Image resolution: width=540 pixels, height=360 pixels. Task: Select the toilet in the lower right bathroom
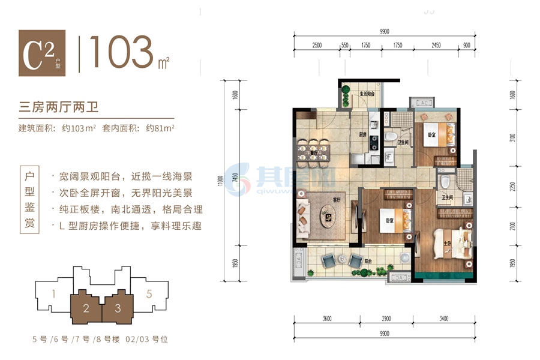[445, 182]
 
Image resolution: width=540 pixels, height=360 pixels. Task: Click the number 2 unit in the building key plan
[86, 308]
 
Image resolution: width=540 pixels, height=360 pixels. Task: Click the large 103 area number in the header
[122, 53]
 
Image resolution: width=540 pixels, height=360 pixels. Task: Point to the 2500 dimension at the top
[317, 45]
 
